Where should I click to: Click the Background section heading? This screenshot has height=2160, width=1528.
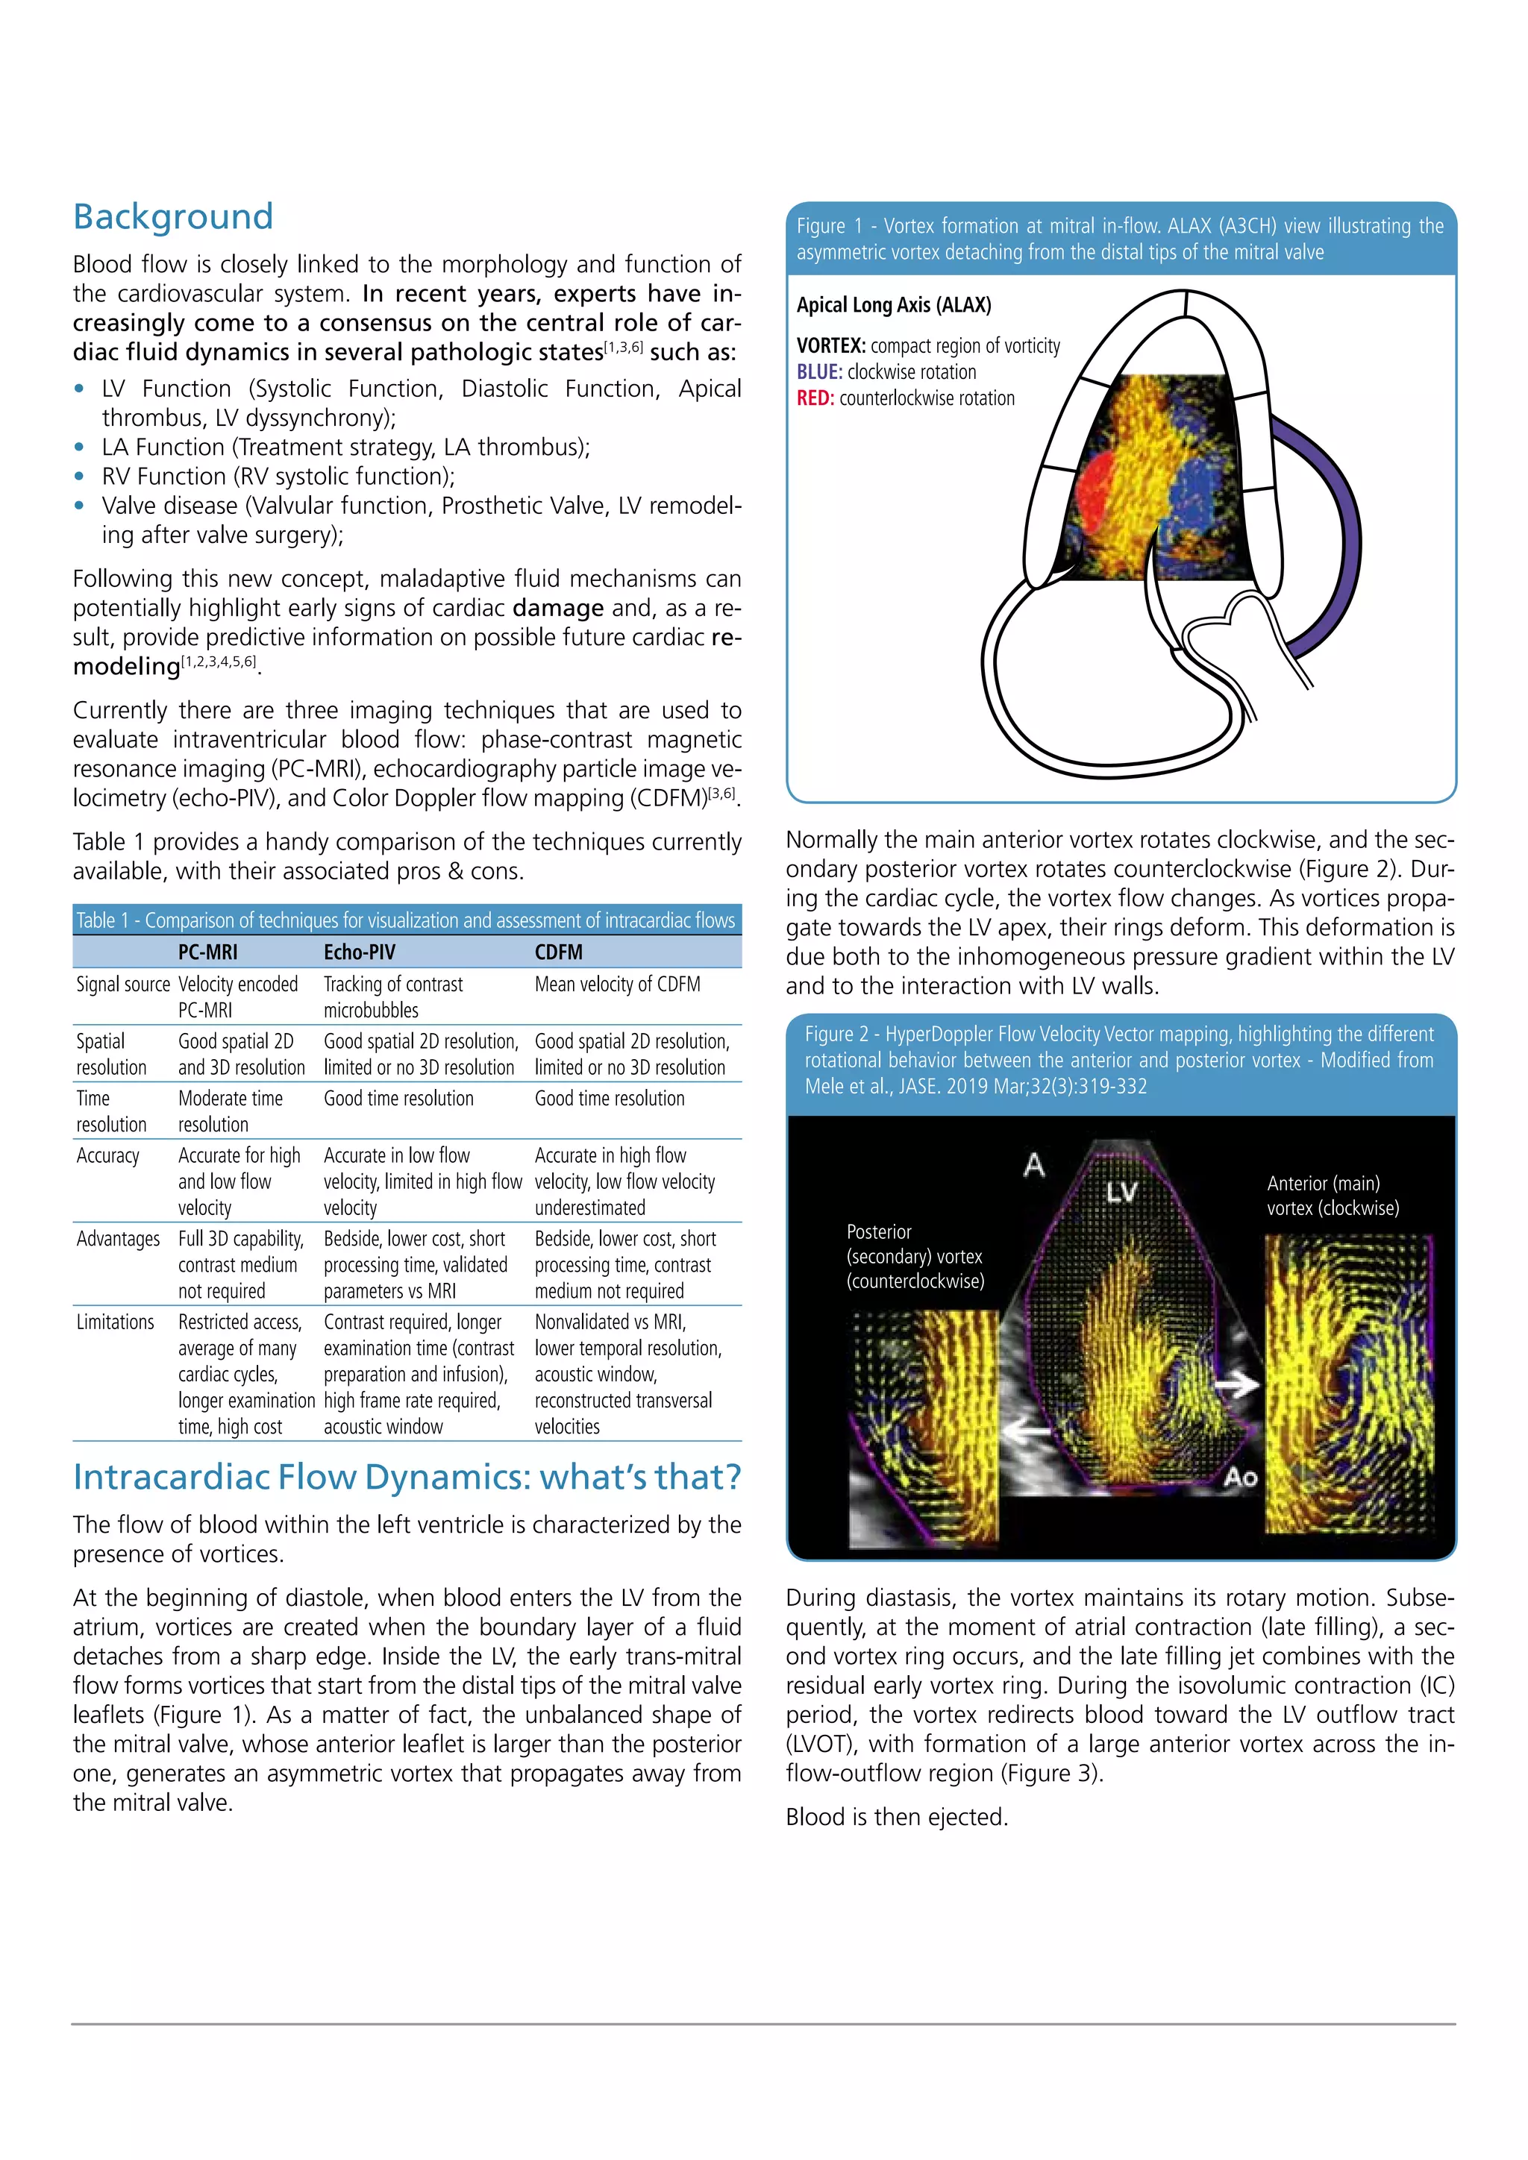point(173,216)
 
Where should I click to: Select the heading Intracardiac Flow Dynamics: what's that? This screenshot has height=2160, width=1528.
point(407,1477)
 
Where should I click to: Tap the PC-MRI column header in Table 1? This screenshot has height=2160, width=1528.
point(208,952)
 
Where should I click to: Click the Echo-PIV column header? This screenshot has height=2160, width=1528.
point(360,952)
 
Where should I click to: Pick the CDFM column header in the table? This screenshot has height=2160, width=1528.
point(559,952)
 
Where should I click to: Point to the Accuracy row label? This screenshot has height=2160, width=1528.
point(108,1155)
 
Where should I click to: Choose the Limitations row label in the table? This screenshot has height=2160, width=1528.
point(115,1322)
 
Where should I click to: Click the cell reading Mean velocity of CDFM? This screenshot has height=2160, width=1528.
point(617,984)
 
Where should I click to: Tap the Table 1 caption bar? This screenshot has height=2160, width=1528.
point(407,920)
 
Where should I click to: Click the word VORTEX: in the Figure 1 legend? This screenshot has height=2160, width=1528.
point(831,346)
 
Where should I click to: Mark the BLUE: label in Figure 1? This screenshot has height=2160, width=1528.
point(819,372)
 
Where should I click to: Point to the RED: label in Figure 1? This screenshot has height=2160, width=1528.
point(815,399)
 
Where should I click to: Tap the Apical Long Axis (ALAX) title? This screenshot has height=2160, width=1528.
point(894,305)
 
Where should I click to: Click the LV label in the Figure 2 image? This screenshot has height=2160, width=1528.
point(1121,1193)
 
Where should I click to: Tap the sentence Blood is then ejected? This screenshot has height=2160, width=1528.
point(897,1817)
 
